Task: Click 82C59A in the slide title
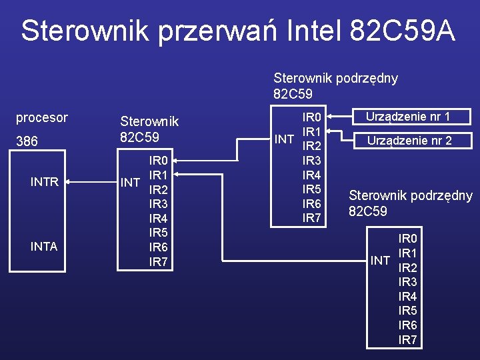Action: pyautogui.click(x=401, y=31)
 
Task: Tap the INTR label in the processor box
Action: pyautogui.click(x=45, y=181)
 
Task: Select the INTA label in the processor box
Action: pyautogui.click(x=45, y=247)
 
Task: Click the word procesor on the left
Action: pyautogui.click(x=42, y=118)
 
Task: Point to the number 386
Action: pyautogui.click(x=27, y=141)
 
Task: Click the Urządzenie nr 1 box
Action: pyautogui.click(x=408, y=117)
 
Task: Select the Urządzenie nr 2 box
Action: pyautogui.click(x=408, y=141)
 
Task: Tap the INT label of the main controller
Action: pyautogui.click(x=129, y=182)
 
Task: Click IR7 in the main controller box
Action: pyautogui.click(x=158, y=262)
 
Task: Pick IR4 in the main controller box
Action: pyautogui.click(x=158, y=219)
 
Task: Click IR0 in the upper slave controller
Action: pyautogui.click(x=312, y=117)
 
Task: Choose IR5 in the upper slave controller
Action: pyautogui.click(x=312, y=189)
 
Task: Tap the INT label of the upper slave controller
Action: pyautogui.click(x=284, y=139)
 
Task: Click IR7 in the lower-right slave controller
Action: pyautogui.click(x=407, y=340)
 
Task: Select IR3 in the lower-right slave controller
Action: pyautogui.click(x=407, y=282)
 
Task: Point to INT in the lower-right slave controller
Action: pyautogui.click(x=380, y=260)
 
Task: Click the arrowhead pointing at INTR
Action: pyautogui.click(x=68, y=181)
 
